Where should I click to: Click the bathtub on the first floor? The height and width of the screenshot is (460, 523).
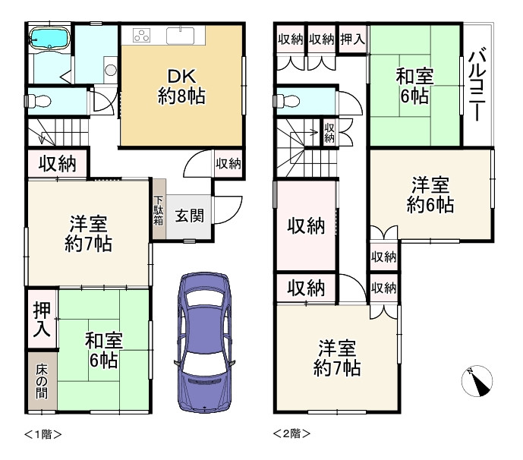pos(49,39)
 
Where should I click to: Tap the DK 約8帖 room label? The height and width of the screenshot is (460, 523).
pos(181,87)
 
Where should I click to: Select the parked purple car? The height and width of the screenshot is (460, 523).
pos(204,342)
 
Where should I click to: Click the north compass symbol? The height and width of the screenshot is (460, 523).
pos(477,381)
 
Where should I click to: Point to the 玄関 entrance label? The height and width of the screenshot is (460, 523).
pos(190,216)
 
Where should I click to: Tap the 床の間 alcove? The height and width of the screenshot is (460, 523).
pos(42,380)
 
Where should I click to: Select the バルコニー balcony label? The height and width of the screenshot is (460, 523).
pos(477,84)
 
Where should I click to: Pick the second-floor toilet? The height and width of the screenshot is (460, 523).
pos(286,101)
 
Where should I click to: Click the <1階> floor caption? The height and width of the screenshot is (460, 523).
pos(43,434)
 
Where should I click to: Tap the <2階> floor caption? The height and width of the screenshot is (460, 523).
pos(291,433)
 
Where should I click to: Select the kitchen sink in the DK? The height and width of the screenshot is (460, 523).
pos(180,36)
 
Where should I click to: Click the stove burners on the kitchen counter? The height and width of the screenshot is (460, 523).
pos(142,36)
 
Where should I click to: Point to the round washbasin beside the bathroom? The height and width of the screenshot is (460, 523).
pos(110,71)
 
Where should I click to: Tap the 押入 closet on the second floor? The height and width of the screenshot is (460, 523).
pos(352,39)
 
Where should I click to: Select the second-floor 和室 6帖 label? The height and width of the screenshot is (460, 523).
pos(414,87)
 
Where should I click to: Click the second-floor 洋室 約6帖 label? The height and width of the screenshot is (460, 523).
pos(430,195)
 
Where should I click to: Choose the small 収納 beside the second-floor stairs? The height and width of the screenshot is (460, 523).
pos(329,133)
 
